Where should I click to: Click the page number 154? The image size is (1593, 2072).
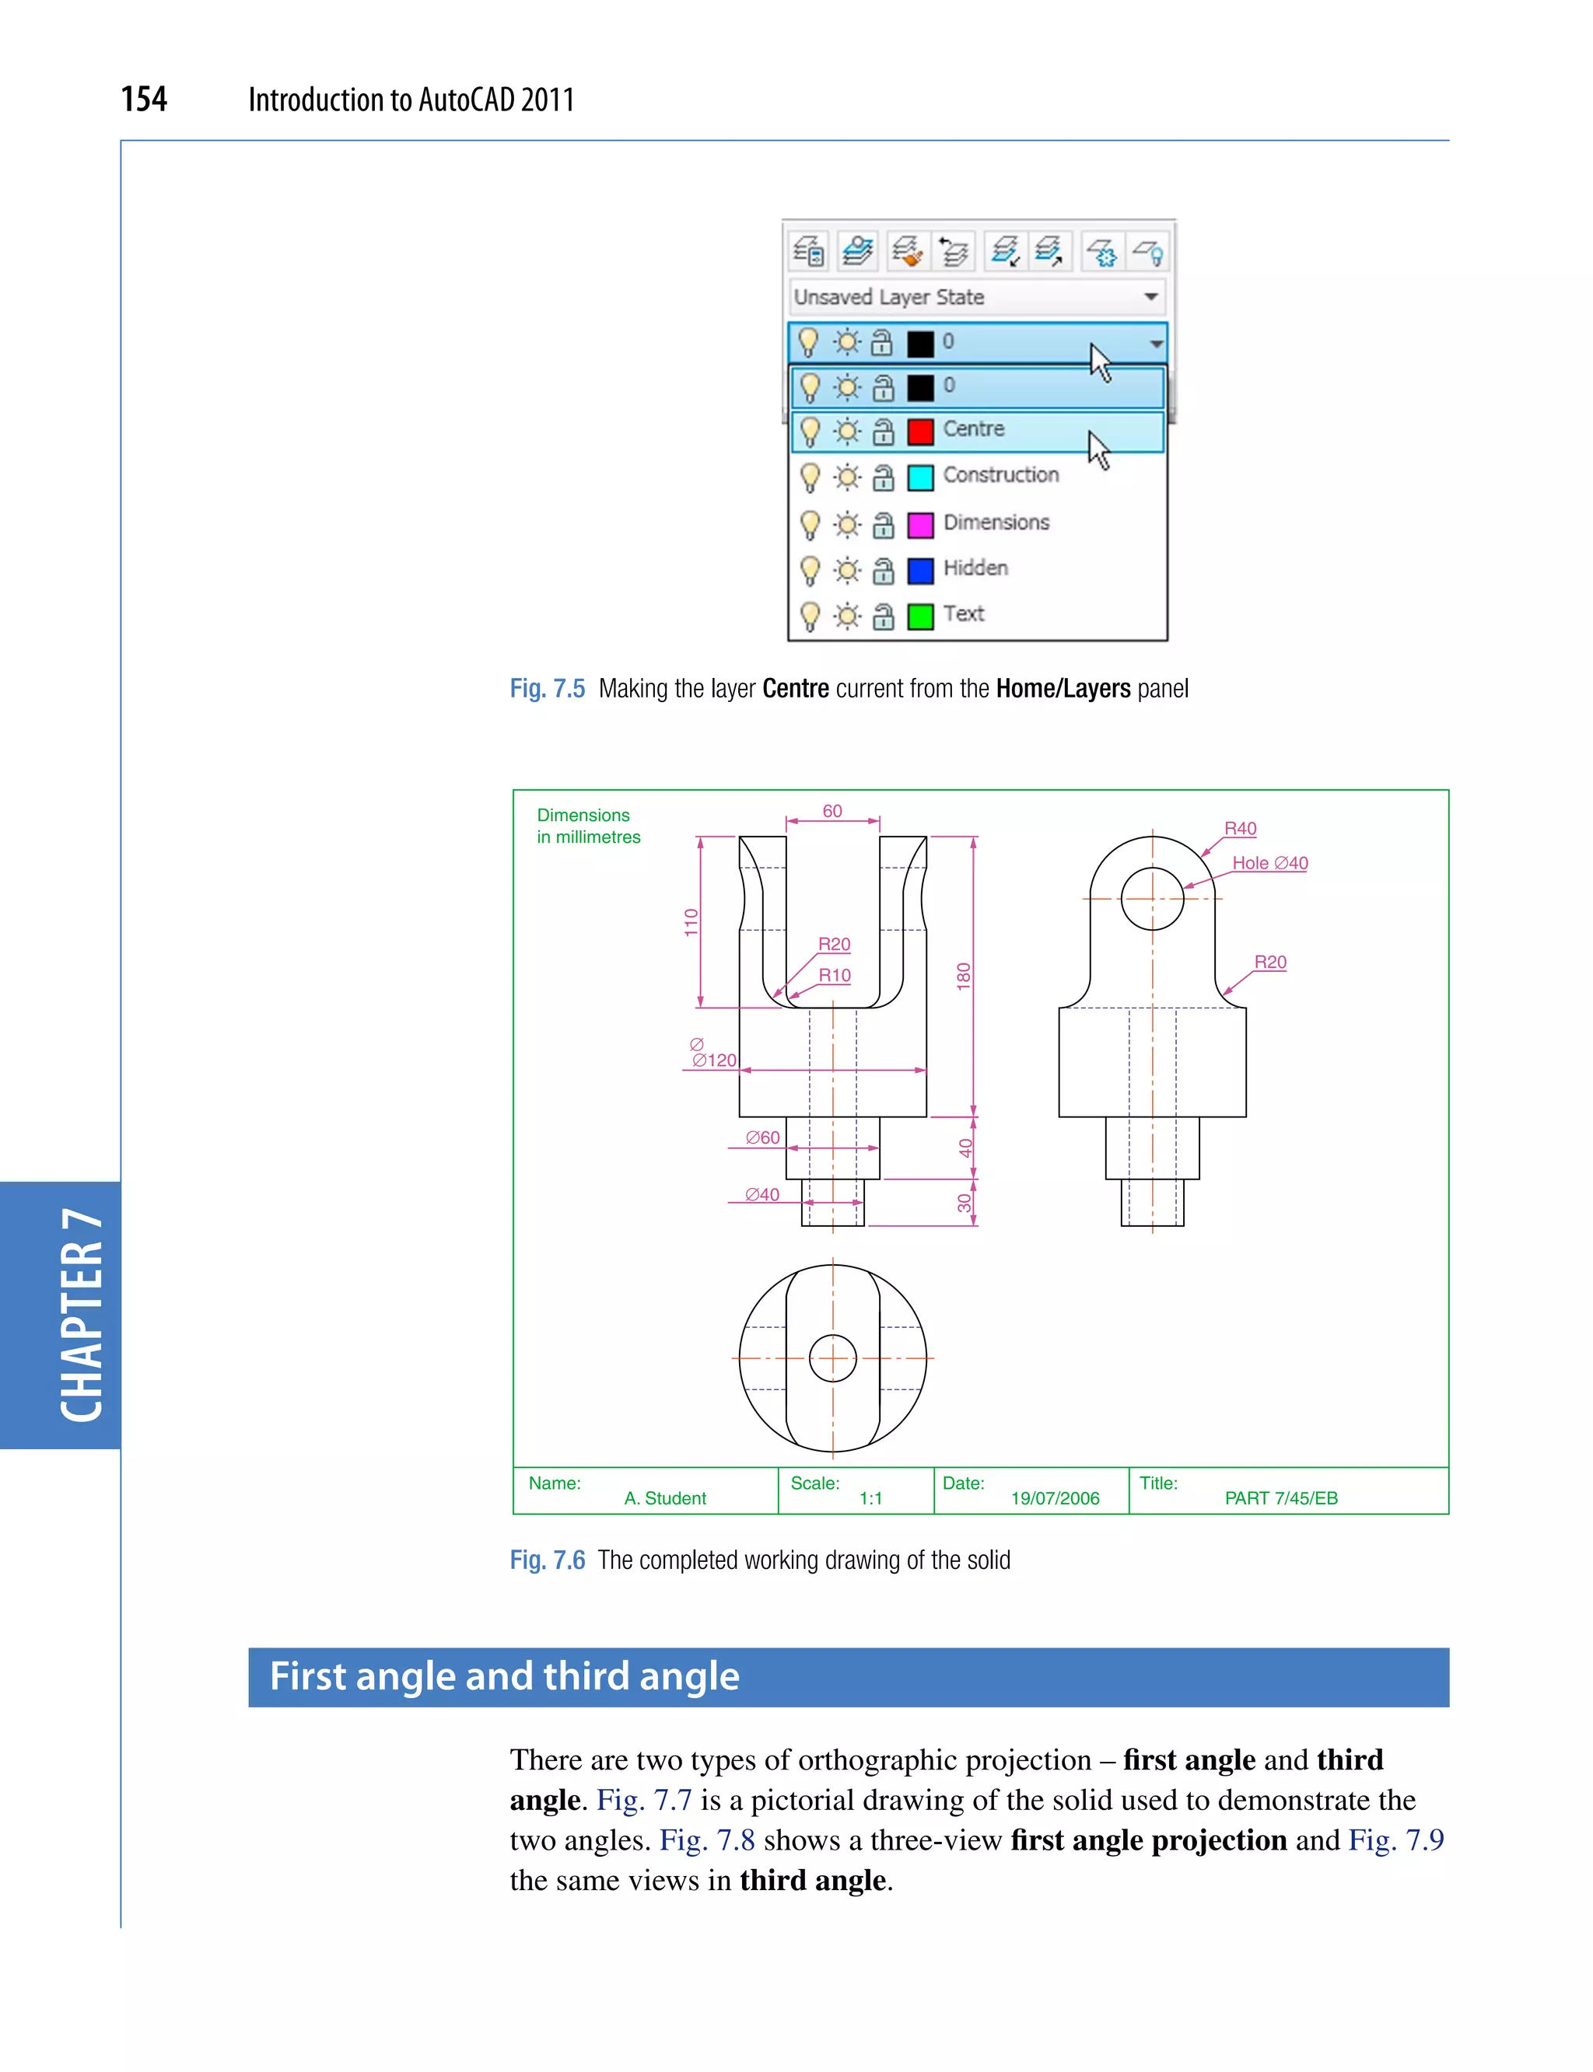[x=144, y=99]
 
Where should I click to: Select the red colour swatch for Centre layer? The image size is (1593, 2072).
[x=919, y=432]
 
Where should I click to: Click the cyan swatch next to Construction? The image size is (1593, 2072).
[x=919, y=477]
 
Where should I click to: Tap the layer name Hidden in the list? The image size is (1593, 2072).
[x=975, y=568]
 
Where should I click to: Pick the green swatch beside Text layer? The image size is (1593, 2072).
[x=919, y=616]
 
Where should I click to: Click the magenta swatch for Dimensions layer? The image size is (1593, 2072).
[x=919, y=524]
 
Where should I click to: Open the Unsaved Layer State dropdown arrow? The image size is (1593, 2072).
[x=1150, y=297]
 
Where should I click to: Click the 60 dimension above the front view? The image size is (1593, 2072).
[x=832, y=810]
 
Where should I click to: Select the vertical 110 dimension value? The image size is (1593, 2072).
[x=691, y=921]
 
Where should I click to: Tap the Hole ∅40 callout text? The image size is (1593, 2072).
[x=1269, y=862]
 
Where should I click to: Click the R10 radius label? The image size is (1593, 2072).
[x=835, y=974]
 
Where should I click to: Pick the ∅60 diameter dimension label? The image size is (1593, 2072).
[x=762, y=1137]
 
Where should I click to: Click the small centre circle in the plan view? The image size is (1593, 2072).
[x=832, y=1358]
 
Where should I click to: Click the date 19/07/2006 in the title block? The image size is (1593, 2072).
[x=1055, y=1497]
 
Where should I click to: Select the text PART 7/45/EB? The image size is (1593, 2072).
[x=1280, y=1497]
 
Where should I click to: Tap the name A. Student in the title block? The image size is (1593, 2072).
[x=665, y=1497]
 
